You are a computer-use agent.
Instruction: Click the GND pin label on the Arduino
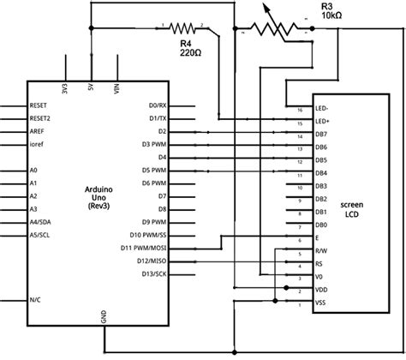click(x=104, y=316)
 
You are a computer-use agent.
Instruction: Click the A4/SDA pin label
click(x=39, y=221)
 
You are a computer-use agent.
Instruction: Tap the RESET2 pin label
click(x=39, y=118)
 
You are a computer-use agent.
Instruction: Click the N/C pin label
click(x=35, y=299)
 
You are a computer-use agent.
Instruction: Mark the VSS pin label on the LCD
click(x=320, y=303)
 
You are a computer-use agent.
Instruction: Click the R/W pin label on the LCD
click(x=320, y=251)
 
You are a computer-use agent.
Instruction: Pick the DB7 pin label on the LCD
click(x=320, y=135)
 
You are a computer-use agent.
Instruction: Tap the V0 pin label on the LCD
click(x=319, y=278)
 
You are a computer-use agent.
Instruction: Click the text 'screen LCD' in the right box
click(x=352, y=211)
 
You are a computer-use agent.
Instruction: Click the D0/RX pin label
click(x=158, y=106)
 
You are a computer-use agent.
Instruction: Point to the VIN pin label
click(x=116, y=87)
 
